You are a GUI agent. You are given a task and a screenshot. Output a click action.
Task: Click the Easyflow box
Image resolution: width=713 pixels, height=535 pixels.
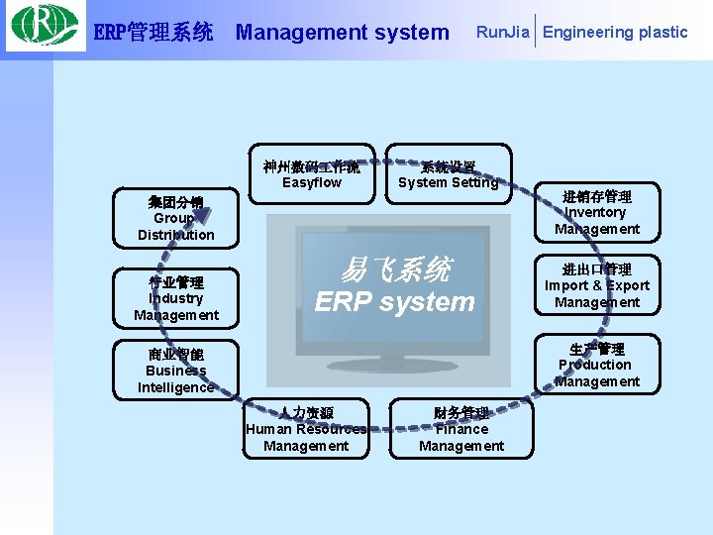coord(312,174)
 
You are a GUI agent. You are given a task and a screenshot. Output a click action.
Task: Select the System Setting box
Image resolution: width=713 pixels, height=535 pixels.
coord(448,174)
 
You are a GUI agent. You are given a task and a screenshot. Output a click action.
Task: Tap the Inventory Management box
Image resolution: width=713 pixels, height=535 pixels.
coord(597,212)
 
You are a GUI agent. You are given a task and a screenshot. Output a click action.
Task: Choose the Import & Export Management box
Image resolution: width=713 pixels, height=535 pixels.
coord(597,285)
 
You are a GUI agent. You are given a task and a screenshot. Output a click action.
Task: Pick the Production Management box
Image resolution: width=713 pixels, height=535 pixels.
coord(597,365)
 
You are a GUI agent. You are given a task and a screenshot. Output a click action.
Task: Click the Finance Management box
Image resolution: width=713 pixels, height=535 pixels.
coord(461,429)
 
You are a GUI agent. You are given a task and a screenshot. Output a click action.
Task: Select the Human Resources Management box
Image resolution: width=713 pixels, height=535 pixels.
coord(306,429)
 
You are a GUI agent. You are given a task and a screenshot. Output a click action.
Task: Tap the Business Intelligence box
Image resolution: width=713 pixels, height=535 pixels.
coord(176,371)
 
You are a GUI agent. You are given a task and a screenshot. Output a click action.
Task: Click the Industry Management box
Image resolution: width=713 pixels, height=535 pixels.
coord(176,298)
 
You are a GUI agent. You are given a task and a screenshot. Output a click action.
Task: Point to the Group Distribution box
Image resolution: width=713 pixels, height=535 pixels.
coord(176,218)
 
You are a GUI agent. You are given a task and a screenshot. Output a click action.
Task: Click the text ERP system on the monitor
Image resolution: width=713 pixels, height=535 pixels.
coord(395,302)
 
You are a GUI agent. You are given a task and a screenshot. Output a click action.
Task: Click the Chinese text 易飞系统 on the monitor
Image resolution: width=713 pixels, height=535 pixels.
coord(395,269)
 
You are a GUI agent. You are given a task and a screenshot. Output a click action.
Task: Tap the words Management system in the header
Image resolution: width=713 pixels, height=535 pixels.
coord(342,32)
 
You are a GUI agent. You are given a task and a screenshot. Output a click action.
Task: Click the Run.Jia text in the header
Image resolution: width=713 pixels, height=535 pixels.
coord(502,32)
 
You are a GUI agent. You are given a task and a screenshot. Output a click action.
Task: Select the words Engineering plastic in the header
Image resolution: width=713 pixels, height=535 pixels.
coord(615,32)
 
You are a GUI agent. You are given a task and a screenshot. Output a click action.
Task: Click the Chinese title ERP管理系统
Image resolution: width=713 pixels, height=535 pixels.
coord(153,33)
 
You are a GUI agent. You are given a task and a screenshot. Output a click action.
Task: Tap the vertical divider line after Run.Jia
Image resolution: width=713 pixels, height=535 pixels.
coord(535,32)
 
